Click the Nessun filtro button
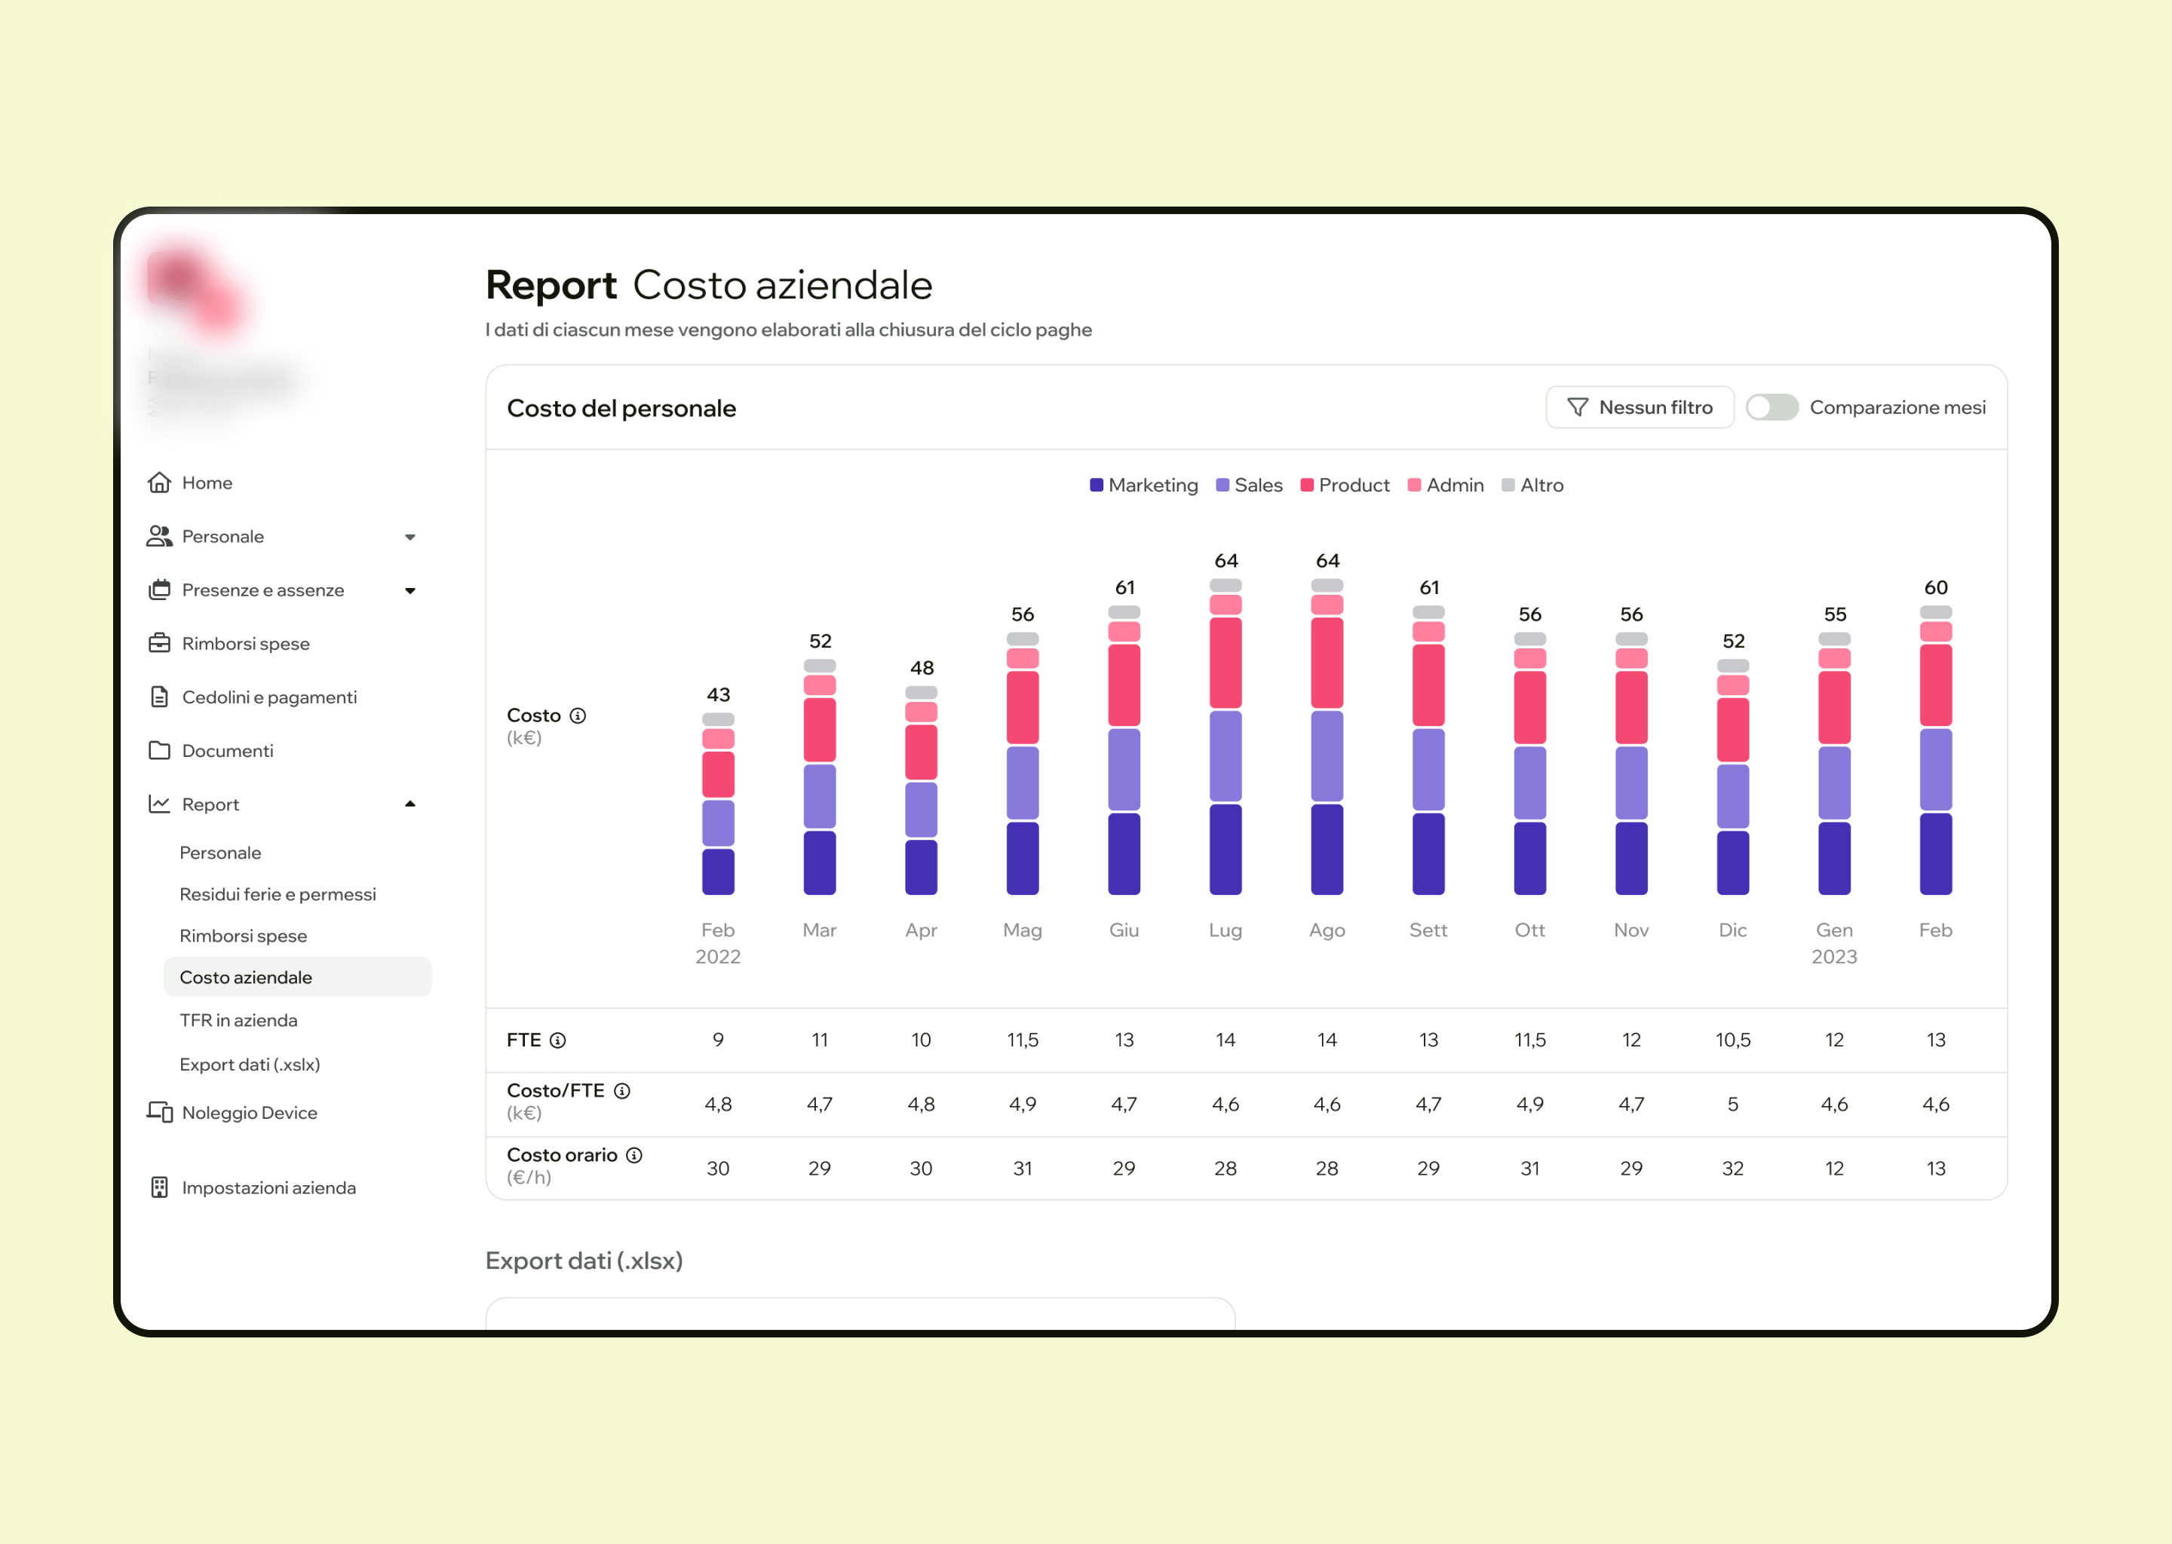click(x=1640, y=407)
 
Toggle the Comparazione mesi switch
click(x=1771, y=407)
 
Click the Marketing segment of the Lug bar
click(x=1225, y=849)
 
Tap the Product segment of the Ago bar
click(x=1327, y=663)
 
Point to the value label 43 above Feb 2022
click(x=718, y=694)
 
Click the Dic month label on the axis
click(x=1732, y=930)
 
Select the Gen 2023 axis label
click(x=1833, y=942)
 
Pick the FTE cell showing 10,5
click(x=1732, y=1039)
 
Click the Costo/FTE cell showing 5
click(x=1732, y=1104)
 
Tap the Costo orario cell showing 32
click(x=1732, y=1168)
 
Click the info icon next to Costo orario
click(x=634, y=1154)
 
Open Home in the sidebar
click(x=207, y=483)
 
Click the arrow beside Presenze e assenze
click(x=410, y=590)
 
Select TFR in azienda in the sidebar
click(x=238, y=1019)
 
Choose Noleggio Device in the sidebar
click(x=249, y=1112)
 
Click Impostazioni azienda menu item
click(x=268, y=1187)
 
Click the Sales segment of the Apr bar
click(x=921, y=809)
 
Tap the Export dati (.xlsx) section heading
click(x=584, y=1261)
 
